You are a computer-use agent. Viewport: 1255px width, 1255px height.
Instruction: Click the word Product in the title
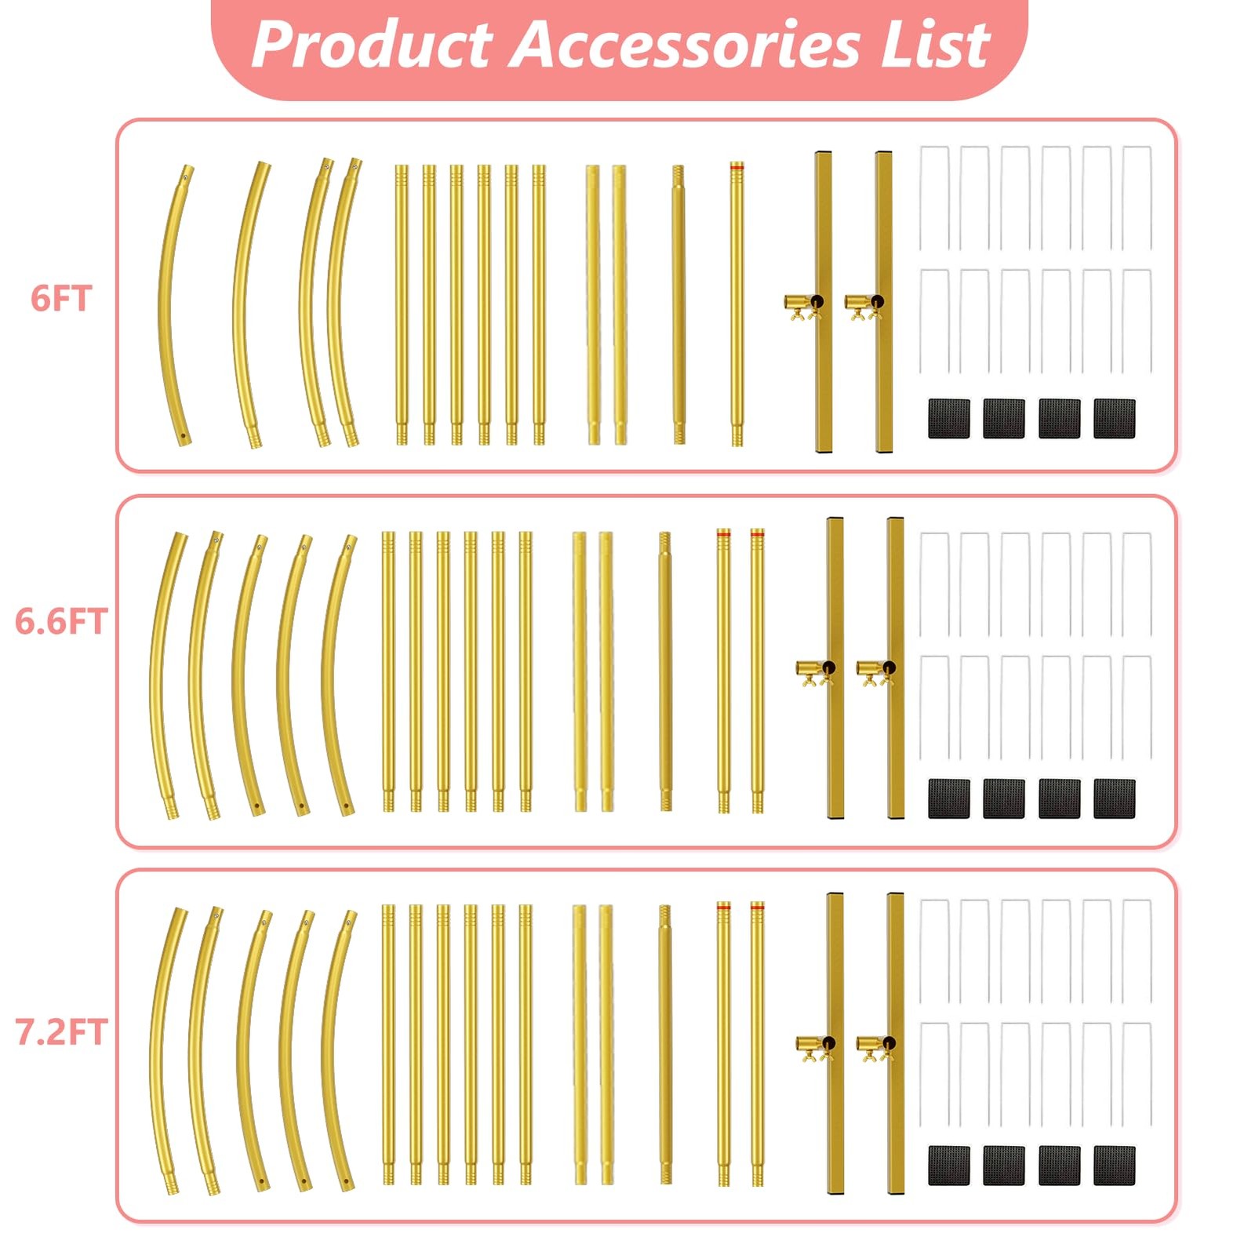372,45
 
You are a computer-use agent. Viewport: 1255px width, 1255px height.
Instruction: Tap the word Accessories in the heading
686,45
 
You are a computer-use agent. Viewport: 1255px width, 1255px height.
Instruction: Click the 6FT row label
61,299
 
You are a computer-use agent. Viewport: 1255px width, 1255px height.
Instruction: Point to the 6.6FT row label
61,621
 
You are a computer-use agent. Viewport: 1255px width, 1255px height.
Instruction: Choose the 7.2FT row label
61,1032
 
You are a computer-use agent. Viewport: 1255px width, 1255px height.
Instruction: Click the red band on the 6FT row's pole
737,167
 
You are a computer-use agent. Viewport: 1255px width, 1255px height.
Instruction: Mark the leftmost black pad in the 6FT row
949,418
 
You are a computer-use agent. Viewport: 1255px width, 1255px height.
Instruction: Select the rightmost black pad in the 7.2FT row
1115,1165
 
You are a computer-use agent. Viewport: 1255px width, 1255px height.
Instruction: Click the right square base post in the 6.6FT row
896,668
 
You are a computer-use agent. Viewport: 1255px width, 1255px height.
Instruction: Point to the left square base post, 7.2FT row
835,1043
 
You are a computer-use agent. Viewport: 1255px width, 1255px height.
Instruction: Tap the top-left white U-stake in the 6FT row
934,198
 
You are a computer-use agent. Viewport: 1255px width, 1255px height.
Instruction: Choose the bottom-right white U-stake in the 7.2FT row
1137,1075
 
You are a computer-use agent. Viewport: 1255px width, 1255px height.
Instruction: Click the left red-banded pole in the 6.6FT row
723,671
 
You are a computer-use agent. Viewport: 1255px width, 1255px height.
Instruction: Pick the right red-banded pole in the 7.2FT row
757,1044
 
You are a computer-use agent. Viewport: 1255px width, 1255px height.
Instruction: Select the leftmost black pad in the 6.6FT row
949,798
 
